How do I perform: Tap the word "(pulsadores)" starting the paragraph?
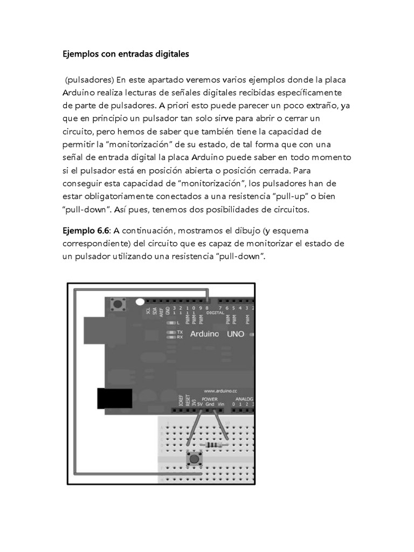(x=89, y=80)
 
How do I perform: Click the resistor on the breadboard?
(x=215, y=445)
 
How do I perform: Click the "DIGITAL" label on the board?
(x=215, y=312)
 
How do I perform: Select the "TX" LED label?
(x=180, y=332)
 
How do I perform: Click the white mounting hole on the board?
(x=140, y=303)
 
